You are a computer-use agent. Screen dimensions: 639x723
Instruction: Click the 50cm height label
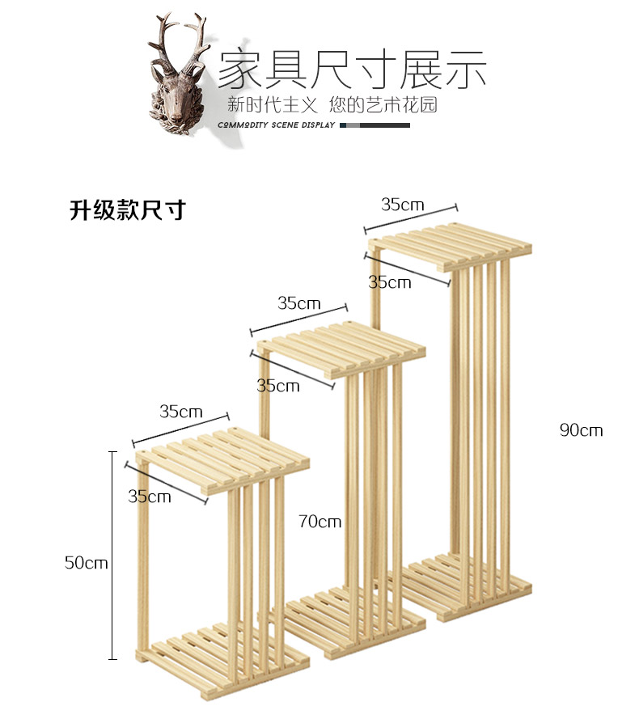(87, 563)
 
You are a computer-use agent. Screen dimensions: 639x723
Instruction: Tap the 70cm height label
(320, 522)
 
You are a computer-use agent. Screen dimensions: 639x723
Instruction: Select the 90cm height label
(581, 430)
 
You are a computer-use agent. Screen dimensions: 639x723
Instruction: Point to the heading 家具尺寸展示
(352, 70)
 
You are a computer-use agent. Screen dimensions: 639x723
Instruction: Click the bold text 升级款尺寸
(128, 210)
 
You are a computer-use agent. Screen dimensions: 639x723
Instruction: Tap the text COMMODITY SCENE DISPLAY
(276, 125)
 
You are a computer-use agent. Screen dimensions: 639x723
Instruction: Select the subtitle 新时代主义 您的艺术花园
(332, 105)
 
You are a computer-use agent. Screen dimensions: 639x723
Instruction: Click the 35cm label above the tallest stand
(403, 205)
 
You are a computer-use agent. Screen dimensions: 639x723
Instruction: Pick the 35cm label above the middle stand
(298, 303)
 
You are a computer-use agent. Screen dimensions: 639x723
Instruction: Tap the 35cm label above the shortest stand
(180, 412)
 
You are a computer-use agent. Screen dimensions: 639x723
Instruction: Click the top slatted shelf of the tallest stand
(450, 247)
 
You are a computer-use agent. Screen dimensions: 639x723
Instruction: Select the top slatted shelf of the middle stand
(341, 350)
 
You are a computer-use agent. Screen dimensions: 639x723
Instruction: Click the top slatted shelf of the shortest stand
(222, 461)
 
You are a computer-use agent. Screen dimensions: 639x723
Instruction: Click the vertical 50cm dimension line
(112, 555)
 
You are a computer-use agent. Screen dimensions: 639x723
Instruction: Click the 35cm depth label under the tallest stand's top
(390, 281)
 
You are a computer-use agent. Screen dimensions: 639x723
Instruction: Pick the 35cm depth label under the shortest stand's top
(150, 496)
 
